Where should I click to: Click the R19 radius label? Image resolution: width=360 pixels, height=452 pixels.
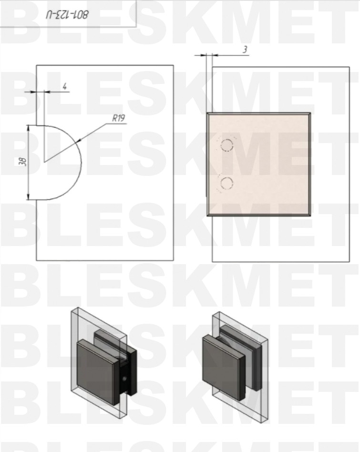[x=119, y=118]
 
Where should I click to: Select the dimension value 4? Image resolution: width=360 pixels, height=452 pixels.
[x=65, y=86]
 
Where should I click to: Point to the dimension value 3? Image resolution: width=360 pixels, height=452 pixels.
[x=245, y=50]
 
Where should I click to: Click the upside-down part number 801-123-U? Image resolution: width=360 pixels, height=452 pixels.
[x=67, y=15]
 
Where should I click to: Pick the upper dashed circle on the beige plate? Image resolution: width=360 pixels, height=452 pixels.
[x=227, y=145]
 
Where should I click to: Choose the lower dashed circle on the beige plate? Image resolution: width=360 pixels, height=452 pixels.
[x=227, y=184]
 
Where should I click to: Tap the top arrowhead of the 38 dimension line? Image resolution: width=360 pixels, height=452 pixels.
[x=28, y=128]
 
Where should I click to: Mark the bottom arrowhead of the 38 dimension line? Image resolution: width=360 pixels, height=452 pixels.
[x=28, y=196]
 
